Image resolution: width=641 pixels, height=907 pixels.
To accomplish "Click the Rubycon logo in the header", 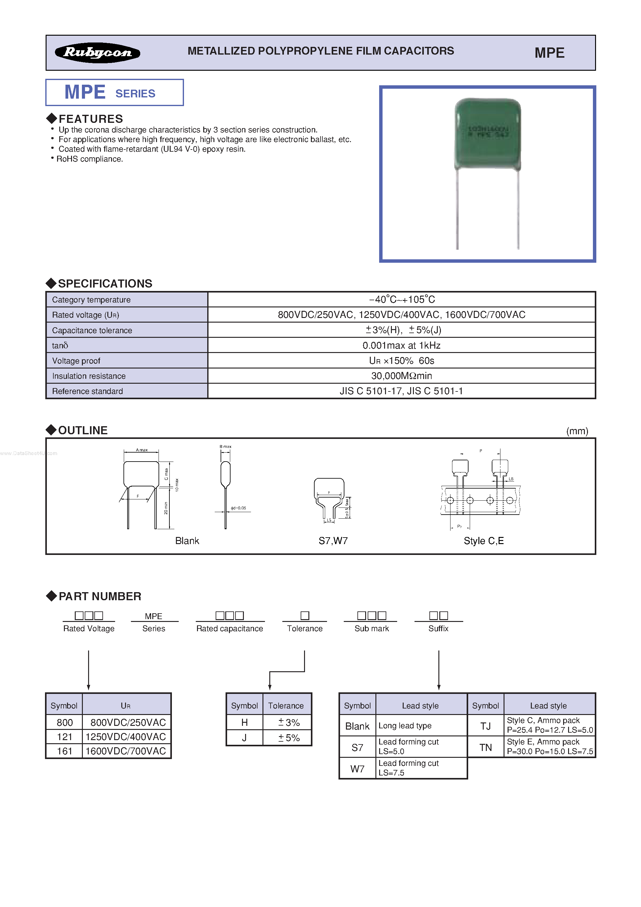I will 97,52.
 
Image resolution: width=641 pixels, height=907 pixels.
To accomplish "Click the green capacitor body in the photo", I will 488,134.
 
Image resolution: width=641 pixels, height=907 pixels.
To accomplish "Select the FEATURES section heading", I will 91,118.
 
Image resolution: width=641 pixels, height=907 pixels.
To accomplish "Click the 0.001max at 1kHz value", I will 401,345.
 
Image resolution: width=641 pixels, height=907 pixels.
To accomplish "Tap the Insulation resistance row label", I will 89,376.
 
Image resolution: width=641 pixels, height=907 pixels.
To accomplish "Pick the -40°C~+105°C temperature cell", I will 401,299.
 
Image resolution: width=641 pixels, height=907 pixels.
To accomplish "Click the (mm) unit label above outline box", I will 577,431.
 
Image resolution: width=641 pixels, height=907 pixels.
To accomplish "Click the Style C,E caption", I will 484,541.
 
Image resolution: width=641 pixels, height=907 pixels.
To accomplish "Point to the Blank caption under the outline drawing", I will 187,541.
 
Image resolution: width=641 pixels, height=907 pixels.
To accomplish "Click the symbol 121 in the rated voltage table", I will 65,737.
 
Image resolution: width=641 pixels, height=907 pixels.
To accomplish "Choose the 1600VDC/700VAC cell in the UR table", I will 126,751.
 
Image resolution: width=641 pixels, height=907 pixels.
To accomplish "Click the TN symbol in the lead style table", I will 485,747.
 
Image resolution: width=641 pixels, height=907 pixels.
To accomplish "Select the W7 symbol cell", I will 357,769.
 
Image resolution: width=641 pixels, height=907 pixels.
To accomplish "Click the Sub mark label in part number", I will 371,628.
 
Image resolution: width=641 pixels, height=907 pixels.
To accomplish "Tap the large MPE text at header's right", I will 549,52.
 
